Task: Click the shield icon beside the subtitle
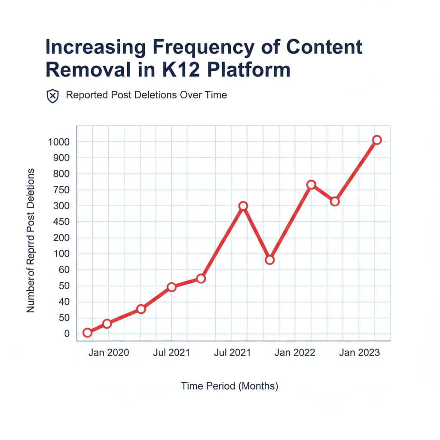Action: pos(52,96)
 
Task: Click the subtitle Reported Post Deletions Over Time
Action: pos(146,95)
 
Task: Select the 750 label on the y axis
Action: pos(61,190)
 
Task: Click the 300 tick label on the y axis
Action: pos(61,206)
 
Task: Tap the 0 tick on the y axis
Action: pos(67,334)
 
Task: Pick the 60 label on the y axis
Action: pos(64,270)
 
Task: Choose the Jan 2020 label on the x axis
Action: pos(109,353)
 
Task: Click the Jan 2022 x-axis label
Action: pos(295,353)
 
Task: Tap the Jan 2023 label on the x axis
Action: pos(359,353)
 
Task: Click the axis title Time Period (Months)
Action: pos(229,386)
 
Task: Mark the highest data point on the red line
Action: pos(377,140)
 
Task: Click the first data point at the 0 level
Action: pos(87,332)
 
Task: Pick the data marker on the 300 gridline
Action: pos(243,206)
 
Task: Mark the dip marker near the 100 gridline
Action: pos(269,260)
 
